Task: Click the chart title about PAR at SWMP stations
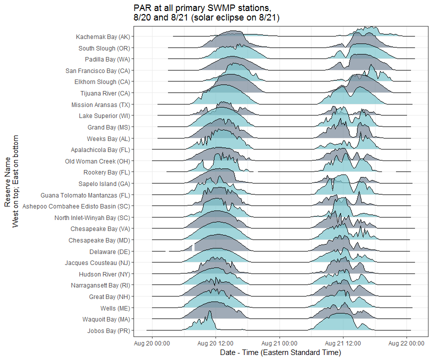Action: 206,13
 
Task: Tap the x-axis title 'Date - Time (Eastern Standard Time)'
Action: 280,352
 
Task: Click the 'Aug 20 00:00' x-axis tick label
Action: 152,343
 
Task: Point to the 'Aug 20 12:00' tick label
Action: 215,343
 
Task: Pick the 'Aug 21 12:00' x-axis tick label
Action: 342,343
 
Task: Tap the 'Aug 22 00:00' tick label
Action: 406,343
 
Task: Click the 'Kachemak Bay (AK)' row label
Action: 102,37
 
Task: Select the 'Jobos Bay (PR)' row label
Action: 108,331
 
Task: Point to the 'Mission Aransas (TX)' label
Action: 100,105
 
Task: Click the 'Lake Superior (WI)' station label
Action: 104,116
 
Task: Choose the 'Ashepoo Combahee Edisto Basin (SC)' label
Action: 76,206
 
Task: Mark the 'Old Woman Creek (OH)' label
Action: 97,161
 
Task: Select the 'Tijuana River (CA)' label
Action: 105,93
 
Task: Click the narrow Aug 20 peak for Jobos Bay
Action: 210,320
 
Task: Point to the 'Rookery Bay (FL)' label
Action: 106,172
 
